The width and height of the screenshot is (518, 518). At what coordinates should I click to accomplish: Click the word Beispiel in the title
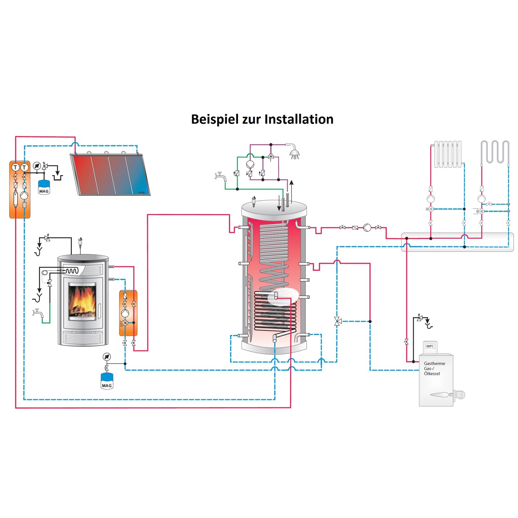pos(215,119)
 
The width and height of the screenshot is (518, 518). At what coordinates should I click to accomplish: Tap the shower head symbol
pos(294,153)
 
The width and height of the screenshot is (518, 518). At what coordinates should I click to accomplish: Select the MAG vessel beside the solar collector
pos(44,188)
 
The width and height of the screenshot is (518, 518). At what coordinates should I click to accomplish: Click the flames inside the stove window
pos(82,300)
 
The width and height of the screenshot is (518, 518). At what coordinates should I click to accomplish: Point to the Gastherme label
pos(434,364)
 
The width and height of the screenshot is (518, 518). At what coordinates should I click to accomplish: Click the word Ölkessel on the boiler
pos(432,374)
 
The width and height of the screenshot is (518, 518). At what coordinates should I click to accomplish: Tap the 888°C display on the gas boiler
pos(430,346)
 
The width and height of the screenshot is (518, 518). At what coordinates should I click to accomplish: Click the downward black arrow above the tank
pos(279,204)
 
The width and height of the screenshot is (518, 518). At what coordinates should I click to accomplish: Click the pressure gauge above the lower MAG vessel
pos(107,357)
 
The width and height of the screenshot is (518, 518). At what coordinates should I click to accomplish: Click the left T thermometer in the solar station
pos(15,167)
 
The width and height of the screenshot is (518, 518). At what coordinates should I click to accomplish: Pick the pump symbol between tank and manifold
pos(367,228)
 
